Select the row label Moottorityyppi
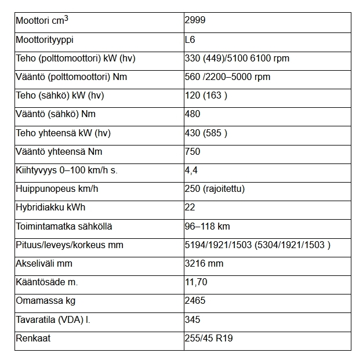click(45, 40)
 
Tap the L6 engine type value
click(190, 40)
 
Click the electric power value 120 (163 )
click(205, 96)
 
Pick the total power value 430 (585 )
click(205, 133)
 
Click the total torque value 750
click(192, 151)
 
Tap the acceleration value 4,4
click(190, 170)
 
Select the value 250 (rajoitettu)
click(214, 189)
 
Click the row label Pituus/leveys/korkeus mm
click(69, 245)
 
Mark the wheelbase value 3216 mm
click(203, 263)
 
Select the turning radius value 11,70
click(195, 282)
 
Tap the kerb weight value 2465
click(195, 301)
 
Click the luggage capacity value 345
click(192, 319)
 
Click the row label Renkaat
click(33, 338)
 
